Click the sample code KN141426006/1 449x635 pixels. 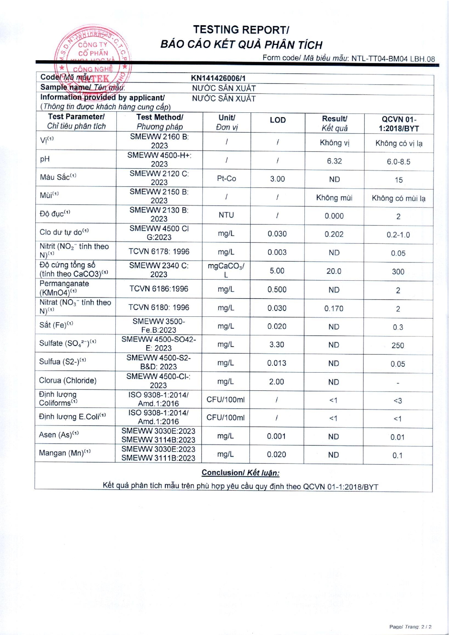[x=218, y=78]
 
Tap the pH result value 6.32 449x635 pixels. [x=334, y=161]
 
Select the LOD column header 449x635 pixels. [x=277, y=120]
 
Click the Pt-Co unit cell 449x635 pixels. [x=226, y=178]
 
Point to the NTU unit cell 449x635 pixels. [x=226, y=215]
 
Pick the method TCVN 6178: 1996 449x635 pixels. [x=159, y=251]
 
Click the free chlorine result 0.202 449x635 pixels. [x=334, y=234]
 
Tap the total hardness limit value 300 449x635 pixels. [x=398, y=272]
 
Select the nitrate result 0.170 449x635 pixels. [x=334, y=308]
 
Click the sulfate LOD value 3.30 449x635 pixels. [x=277, y=345]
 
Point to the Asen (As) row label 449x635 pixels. [x=59, y=435]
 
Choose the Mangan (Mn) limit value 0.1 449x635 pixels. [x=397, y=455]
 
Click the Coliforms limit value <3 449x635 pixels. [x=398, y=401]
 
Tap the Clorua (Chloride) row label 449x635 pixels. [x=68, y=380]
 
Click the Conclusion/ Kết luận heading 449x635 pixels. [x=240, y=473]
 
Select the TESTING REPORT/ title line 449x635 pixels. [x=241, y=30]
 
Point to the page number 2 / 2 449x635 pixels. [x=426, y=627]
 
